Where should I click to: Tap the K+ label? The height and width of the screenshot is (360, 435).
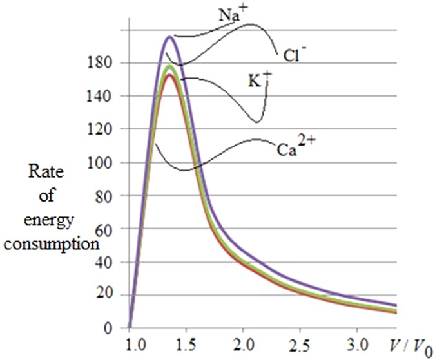click(259, 80)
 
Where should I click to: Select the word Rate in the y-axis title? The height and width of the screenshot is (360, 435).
click(44, 172)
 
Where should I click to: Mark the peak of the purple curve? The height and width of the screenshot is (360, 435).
click(169, 37)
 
